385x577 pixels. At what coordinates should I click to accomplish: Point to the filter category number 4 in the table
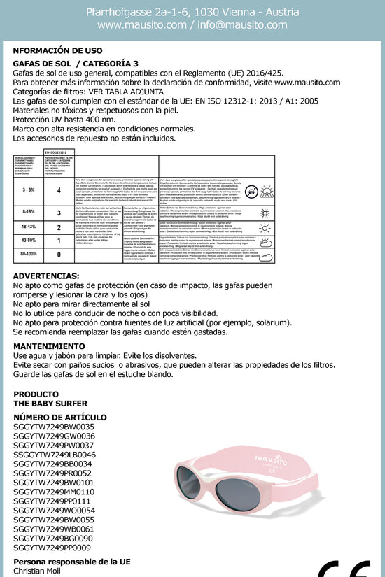[x=58, y=190]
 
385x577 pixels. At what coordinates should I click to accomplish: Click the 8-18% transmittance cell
[x=29, y=211]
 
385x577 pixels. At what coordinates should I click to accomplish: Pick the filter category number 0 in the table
[x=58, y=255]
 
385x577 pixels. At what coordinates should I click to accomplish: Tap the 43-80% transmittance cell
[x=29, y=241]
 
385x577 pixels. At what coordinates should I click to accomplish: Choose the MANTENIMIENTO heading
[x=49, y=346]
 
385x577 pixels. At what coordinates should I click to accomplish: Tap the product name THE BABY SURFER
[x=50, y=404]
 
